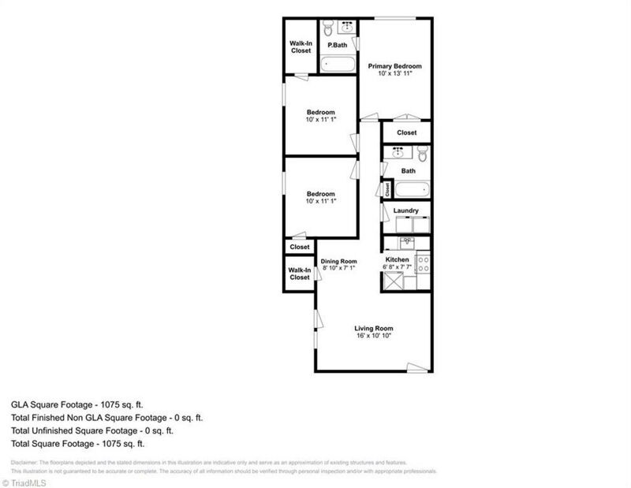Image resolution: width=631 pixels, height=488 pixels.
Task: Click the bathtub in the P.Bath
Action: (338, 65)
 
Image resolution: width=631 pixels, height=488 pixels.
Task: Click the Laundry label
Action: (405, 210)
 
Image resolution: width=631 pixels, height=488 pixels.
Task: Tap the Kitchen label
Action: (397, 259)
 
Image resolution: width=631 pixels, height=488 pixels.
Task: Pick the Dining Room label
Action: (339, 261)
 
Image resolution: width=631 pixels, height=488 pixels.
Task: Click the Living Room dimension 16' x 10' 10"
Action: (374, 336)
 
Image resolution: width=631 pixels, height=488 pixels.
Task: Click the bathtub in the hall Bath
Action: (411, 189)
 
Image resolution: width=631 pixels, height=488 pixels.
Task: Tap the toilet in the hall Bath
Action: (422, 153)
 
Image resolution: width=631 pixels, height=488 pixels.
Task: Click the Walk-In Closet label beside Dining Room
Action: (300, 273)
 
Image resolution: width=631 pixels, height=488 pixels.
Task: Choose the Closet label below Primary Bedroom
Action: (406, 132)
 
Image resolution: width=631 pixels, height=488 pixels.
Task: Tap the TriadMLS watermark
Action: (28, 481)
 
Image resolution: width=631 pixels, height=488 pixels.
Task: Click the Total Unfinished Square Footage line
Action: (91, 430)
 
